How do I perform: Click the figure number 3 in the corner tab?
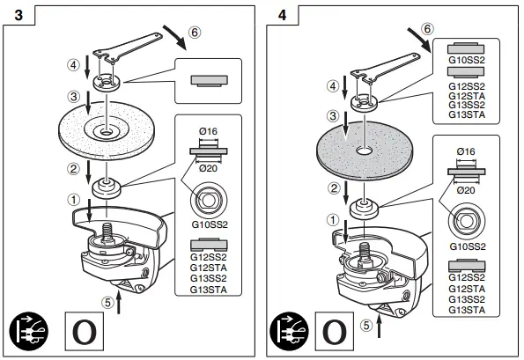click(x=12, y=13)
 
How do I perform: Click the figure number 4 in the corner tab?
click(x=282, y=13)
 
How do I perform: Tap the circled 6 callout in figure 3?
click(x=196, y=29)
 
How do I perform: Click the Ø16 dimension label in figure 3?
click(x=208, y=132)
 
